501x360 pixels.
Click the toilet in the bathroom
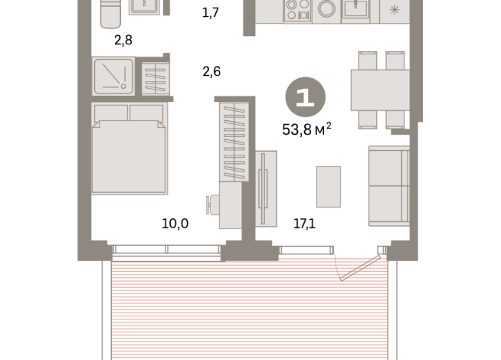(111, 14)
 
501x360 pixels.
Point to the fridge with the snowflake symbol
(395, 9)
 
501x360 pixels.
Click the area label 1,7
(211, 12)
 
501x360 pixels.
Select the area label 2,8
(123, 40)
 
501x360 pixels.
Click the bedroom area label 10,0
(175, 224)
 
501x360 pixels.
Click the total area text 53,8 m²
(306, 129)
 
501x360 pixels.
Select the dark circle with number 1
(305, 97)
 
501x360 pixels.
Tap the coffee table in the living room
(329, 186)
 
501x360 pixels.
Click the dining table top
(380, 90)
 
